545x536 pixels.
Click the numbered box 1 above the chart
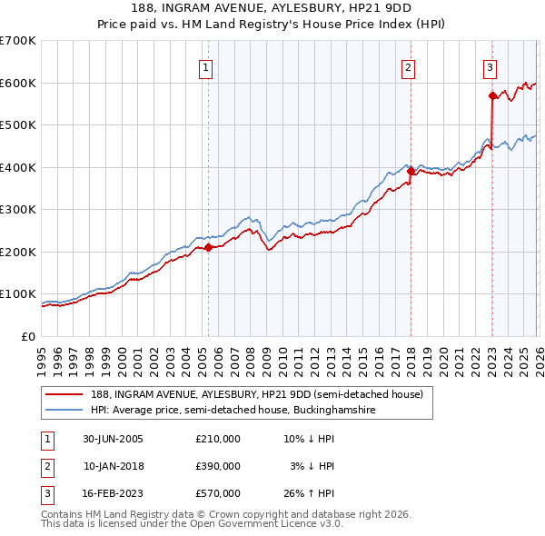coord(206,66)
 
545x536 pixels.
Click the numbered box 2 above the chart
coord(409,66)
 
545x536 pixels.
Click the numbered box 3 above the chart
coord(490,66)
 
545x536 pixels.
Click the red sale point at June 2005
coord(208,247)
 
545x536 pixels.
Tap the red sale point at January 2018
coord(411,171)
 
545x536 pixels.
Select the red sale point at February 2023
coord(492,94)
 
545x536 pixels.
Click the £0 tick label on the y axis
coord(27,336)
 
